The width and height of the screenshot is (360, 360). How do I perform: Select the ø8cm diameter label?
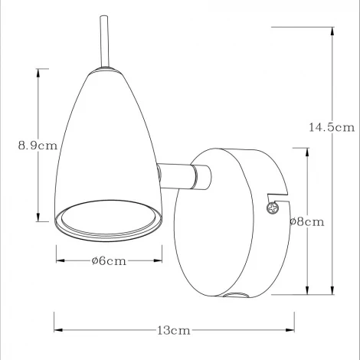pyautogui.click(x=306, y=222)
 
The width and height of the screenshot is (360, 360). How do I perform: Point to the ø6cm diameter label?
pyautogui.click(x=108, y=260)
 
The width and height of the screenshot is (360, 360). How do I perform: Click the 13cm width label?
pyautogui.click(x=174, y=331)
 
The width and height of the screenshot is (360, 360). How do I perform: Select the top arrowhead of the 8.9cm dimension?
pyautogui.click(x=38, y=72)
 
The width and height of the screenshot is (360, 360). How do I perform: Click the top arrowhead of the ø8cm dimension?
pyautogui.click(x=306, y=151)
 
